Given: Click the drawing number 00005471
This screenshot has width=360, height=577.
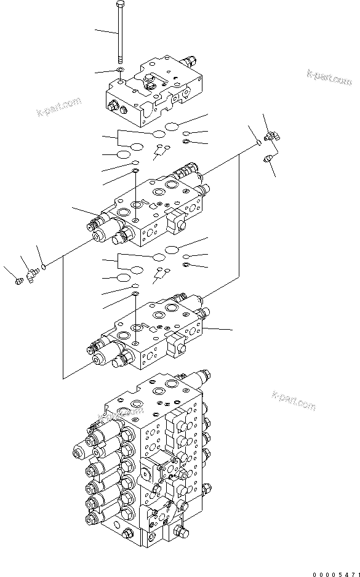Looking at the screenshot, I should pyautogui.click(x=335, y=573).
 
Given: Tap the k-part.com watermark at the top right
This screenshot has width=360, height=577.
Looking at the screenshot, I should pyautogui.click(x=329, y=79).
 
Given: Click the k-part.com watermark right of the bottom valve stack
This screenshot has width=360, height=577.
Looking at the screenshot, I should pyautogui.click(x=293, y=400).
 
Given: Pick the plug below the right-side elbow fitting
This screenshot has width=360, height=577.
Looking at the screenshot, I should pyautogui.click(x=268, y=159).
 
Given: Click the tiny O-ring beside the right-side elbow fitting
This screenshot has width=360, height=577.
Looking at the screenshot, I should pyautogui.click(x=257, y=143).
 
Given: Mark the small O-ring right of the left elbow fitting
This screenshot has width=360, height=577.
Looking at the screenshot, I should pyautogui.click(x=44, y=267).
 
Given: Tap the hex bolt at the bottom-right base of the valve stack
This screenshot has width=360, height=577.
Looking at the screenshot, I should pyautogui.click(x=179, y=532).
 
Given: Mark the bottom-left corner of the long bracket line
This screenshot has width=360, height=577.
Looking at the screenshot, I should pyautogui.click(x=63, y=376).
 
